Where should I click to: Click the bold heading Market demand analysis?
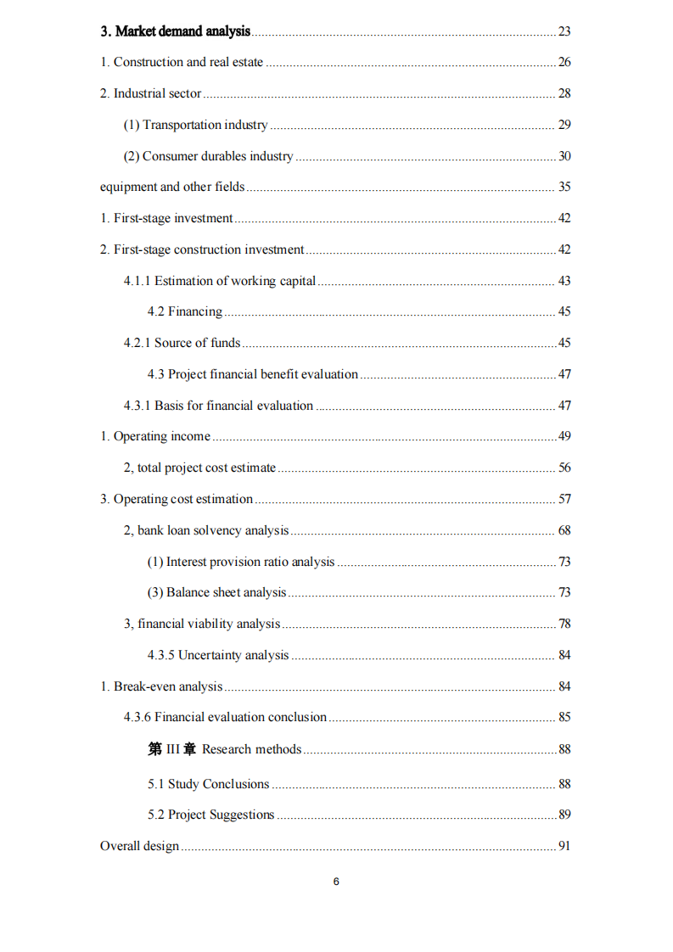[175, 31]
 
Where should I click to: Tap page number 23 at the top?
[564, 31]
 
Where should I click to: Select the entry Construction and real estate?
[182, 62]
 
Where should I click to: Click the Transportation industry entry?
[196, 125]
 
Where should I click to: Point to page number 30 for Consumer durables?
[564, 156]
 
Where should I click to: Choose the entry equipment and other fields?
[172, 187]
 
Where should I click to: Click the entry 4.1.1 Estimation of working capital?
[220, 281]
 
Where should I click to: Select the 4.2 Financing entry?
[185, 311]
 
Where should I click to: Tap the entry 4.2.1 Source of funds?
[182, 343]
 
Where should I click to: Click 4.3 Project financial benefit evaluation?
[253, 374]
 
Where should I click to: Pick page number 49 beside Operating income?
[564, 436]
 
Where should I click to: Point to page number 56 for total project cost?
[564, 468]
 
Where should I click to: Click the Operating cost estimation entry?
[177, 499]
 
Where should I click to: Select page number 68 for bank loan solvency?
[564, 530]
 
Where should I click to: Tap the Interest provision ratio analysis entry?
[241, 562]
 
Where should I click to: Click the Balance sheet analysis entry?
[217, 592]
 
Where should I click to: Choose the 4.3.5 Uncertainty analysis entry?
[218, 655]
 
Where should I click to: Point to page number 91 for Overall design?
[564, 846]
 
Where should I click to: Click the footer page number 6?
[336, 882]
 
